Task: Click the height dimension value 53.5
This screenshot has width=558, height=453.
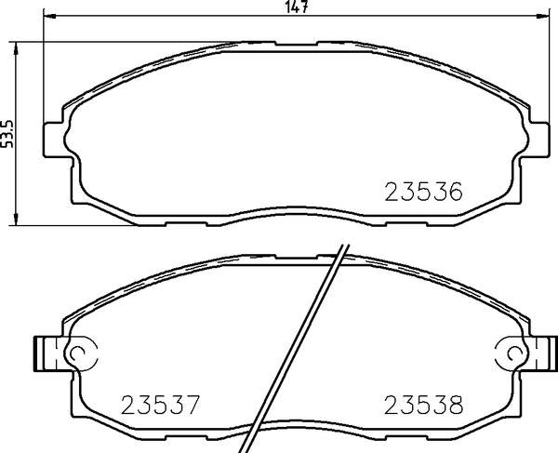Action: (8, 132)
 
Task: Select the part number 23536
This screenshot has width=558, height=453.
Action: (423, 192)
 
